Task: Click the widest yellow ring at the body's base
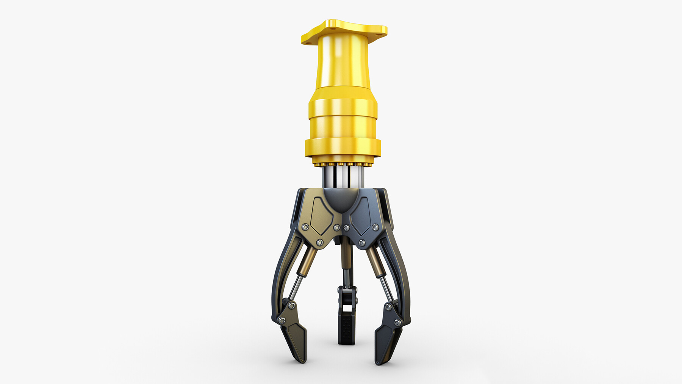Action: coord(343,148)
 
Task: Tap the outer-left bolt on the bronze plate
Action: coord(305,227)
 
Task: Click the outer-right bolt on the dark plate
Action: coord(375,227)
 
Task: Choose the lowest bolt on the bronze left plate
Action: coord(320,242)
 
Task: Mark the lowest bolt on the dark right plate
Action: coord(362,242)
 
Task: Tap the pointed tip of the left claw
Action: coord(302,360)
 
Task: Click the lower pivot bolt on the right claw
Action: coord(397,323)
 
